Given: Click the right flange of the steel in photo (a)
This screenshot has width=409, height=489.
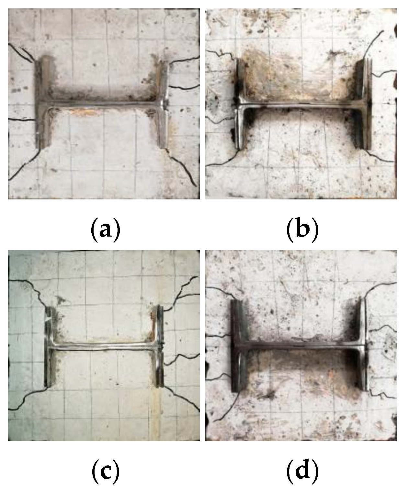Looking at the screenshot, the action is click(x=163, y=104).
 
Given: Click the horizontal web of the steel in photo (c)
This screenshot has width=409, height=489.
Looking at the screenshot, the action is click(x=104, y=347).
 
